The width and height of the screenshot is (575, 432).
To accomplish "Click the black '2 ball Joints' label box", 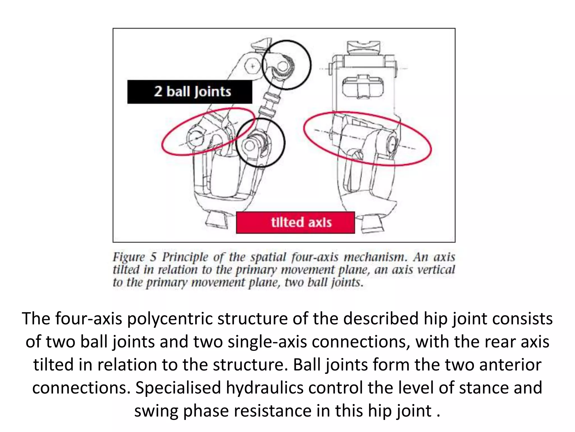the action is click(x=190, y=92).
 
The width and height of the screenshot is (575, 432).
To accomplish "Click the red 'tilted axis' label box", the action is click(x=295, y=222).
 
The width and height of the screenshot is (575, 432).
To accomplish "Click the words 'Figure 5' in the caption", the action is click(x=134, y=257).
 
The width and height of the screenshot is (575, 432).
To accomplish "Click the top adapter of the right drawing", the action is click(x=364, y=47).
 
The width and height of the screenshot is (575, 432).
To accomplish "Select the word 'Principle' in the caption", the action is click(x=185, y=257).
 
